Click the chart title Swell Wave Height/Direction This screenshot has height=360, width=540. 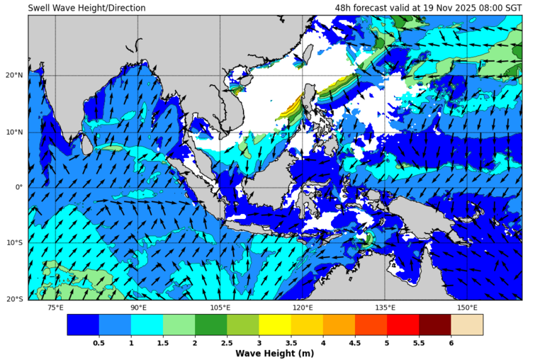87,8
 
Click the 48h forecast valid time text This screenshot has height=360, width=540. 428,8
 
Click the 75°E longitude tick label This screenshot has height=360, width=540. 55,308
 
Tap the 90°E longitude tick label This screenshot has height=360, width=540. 138,308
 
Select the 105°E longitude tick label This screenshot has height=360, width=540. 220,308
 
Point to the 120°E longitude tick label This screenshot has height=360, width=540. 303,308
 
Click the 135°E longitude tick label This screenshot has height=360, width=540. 385,308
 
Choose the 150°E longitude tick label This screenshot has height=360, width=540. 467,308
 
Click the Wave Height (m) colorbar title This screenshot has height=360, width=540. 275,354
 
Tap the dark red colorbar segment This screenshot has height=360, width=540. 435,325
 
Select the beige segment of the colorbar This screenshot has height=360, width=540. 467,325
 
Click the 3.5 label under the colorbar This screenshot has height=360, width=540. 291,342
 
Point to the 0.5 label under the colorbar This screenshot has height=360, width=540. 99,342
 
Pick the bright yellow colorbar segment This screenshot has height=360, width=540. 275,325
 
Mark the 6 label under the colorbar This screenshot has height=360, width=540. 451,342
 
